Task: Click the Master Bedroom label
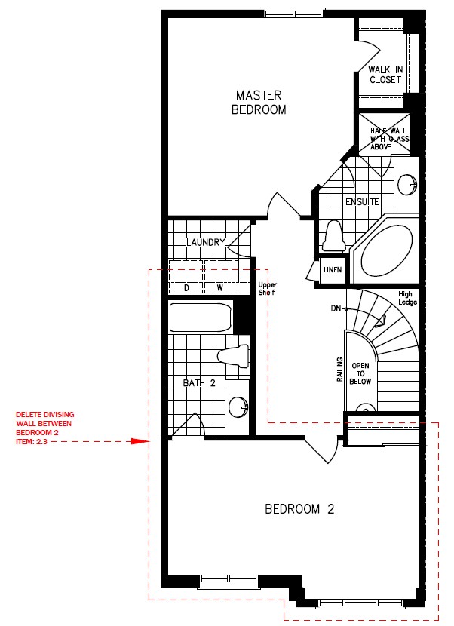click(x=259, y=103)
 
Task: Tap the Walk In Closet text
click(x=385, y=75)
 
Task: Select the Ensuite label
click(x=362, y=202)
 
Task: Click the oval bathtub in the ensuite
click(x=387, y=251)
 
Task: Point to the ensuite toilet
click(x=334, y=236)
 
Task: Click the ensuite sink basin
click(x=407, y=185)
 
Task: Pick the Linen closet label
click(x=333, y=270)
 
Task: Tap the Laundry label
click(x=206, y=242)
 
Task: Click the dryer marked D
click(x=186, y=277)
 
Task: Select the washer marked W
click(x=221, y=277)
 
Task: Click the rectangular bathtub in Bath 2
click(x=200, y=318)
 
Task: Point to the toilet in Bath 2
click(x=233, y=356)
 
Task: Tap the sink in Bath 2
click(x=239, y=407)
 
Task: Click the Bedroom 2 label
click(x=299, y=509)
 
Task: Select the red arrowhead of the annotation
click(x=140, y=441)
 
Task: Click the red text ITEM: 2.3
click(x=32, y=441)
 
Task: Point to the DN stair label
click(x=336, y=308)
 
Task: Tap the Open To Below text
click(x=360, y=373)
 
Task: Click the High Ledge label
click(x=407, y=298)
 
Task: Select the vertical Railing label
click(x=340, y=370)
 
